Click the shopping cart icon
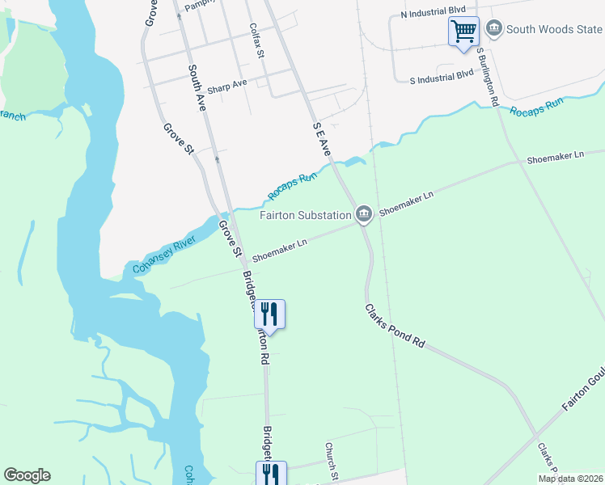point(463,32)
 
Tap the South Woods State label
point(554,30)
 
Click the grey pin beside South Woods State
point(493,30)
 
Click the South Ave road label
point(197,87)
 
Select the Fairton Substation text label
point(305,215)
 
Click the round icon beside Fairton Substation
point(364,213)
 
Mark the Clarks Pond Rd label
point(394,326)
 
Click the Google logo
point(27,475)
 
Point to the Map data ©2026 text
point(570,479)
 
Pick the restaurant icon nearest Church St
point(269,473)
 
